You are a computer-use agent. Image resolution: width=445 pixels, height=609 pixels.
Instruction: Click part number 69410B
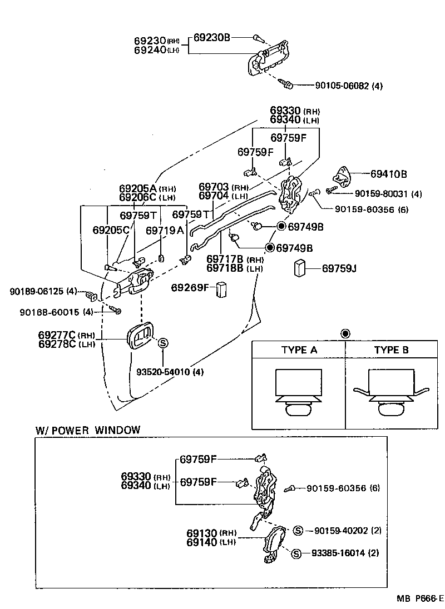[x=388, y=174]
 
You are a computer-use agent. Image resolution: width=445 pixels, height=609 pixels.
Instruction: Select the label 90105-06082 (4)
[x=348, y=86]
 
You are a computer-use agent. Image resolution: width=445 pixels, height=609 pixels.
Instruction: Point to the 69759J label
[x=339, y=268]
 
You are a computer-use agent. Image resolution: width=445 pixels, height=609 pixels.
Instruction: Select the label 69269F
[x=189, y=287]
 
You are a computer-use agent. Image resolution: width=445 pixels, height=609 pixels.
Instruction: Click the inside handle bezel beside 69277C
[x=139, y=337]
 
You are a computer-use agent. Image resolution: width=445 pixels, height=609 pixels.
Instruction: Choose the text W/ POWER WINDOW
[x=88, y=430]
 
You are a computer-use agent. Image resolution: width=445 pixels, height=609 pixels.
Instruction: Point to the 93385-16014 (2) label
[x=345, y=553]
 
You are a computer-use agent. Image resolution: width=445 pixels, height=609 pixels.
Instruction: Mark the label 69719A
[x=164, y=230]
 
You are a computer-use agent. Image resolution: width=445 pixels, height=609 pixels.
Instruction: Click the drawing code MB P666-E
[x=420, y=598]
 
